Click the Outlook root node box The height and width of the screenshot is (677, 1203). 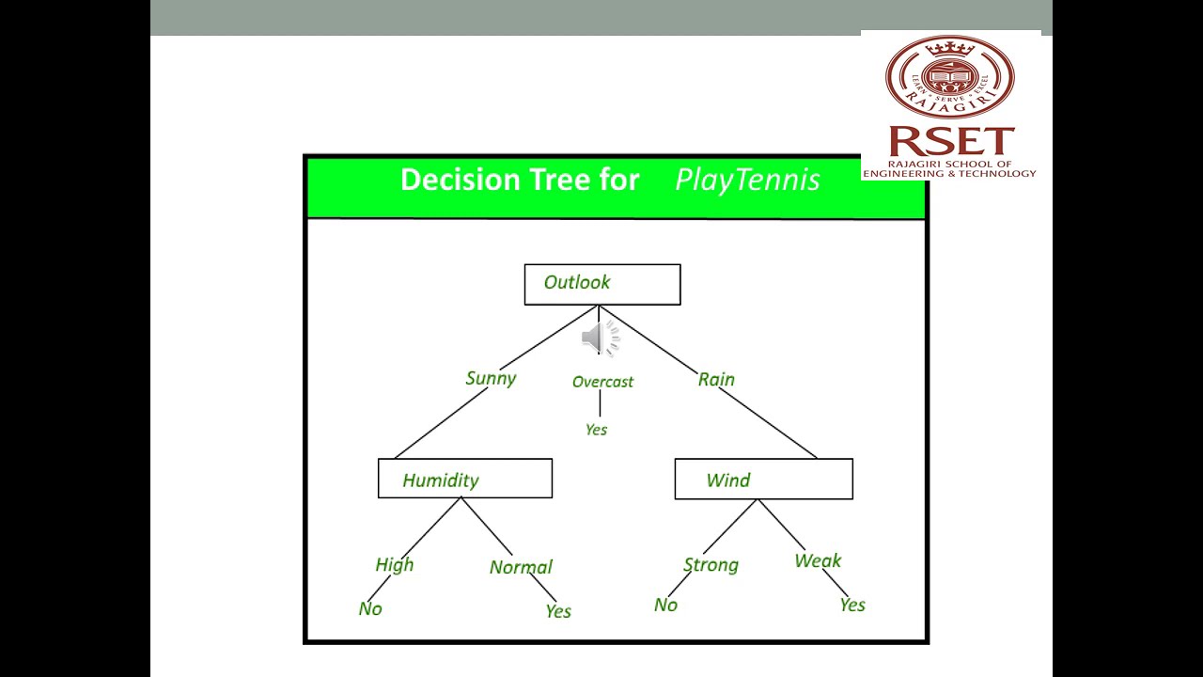click(601, 284)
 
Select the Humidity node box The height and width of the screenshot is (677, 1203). click(464, 479)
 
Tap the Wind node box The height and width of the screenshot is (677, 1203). click(763, 479)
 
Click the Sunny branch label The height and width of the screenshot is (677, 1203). click(491, 378)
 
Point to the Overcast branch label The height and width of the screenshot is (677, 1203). click(602, 382)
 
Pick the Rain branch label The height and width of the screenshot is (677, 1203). click(716, 379)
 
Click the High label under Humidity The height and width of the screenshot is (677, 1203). click(394, 564)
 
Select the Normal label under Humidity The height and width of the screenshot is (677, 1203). click(521, 567)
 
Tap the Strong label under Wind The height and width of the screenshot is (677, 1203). click(711, 564)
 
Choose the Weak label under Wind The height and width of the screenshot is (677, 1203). click(818, 560)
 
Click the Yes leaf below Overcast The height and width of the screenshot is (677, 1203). click(596, 430)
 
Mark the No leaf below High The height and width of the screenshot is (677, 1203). click(370, 608)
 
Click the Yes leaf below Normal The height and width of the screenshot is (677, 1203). click(558, 611)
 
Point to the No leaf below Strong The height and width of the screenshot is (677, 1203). click(665, 605)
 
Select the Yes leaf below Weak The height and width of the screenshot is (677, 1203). click(852, 605)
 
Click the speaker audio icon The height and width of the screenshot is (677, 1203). click(600, 338)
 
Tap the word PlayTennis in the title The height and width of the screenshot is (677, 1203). click(747, 180)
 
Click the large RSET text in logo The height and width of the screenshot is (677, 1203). click(950, 142)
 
